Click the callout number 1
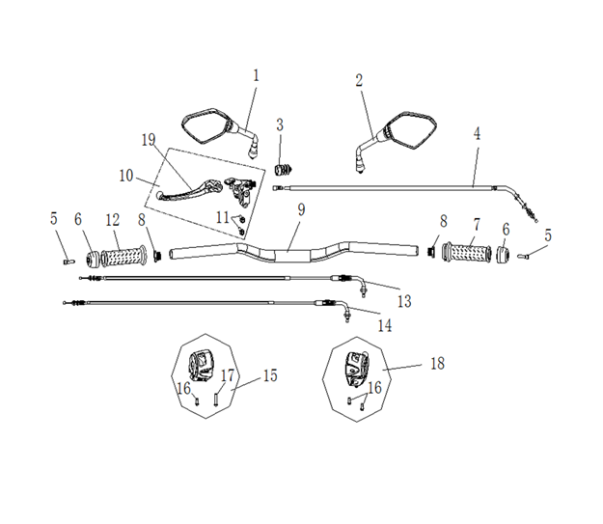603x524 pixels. coord(256,76)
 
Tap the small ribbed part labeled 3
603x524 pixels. coord(283,169)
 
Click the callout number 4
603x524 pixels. coord(477,134)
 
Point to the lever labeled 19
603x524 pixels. coord(189,190)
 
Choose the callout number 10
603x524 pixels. coord(126,176)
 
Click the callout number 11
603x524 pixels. coord(223,218)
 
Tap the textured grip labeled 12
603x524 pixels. coord(123,256)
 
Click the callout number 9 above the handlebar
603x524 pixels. coord(301,210)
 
